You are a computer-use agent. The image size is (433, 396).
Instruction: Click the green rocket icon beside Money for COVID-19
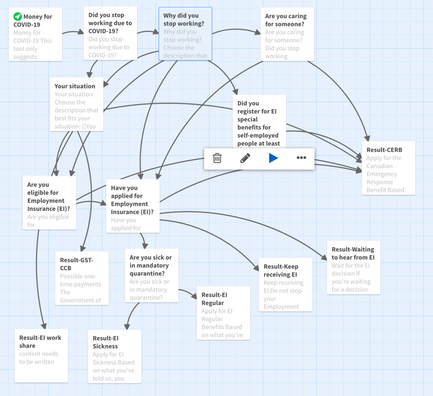coord(17,17)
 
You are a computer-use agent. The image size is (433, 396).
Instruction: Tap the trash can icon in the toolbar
coord(217,158)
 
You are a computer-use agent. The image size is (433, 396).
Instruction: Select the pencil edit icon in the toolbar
coord(245,158)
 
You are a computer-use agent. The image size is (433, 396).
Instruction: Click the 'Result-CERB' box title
coord(384,150)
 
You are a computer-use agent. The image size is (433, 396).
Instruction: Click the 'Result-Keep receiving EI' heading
coord(281,270)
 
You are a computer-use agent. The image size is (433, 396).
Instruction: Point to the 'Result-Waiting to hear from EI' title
coord(353,253)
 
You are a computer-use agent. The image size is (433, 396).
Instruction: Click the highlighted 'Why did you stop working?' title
coord(183,19)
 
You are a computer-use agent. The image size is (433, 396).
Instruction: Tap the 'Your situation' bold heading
coord(74,86)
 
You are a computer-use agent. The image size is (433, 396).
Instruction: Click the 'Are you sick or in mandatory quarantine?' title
coord(151,265)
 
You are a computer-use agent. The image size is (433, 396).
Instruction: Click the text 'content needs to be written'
coord(39,358)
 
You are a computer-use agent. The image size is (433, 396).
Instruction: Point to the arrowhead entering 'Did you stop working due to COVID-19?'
coord(81,32)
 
